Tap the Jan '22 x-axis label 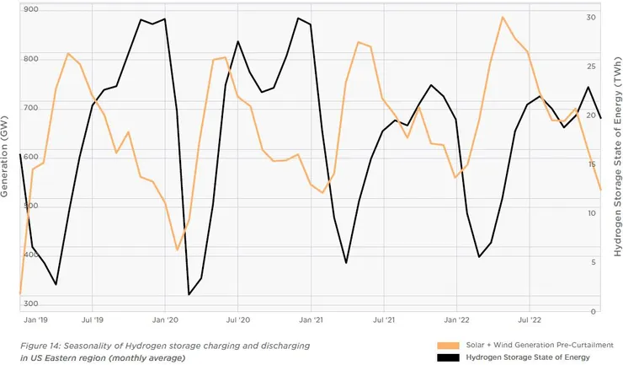[456, 320]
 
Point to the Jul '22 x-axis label [530, 320]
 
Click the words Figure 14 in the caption [41, 346]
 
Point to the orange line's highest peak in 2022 [503, 17]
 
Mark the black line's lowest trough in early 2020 [189, 294]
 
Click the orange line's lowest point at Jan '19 [19, 293]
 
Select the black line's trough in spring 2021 [346, 263]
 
